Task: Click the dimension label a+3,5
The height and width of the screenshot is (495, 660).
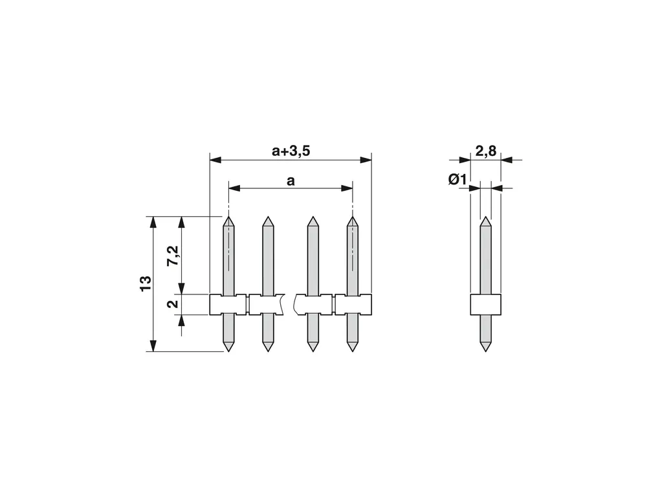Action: click(291, 150)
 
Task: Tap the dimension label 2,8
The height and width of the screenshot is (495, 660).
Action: click(486, 150)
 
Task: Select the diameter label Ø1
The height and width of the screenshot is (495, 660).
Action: click(457, 180)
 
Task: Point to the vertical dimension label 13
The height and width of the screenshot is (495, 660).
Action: click(145, 283)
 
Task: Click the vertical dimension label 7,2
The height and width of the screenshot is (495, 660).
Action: click(173, 255)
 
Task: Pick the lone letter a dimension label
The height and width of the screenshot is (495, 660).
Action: click(291, 181)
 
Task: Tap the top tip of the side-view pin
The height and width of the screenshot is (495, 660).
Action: click(486, 217)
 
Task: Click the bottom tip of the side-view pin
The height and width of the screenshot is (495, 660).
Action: click(486, 351)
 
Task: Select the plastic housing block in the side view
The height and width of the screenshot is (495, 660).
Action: click(486, 304)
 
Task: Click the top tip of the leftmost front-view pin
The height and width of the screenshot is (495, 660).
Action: click(228, 217)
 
